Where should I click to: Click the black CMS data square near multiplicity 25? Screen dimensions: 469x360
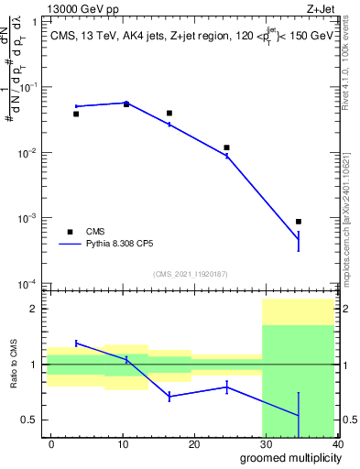pos(226,147)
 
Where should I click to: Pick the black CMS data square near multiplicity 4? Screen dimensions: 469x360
pos(76,114)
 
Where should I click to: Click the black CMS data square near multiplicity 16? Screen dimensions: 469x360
pos(169,113)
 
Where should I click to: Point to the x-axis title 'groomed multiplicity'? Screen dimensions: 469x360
pos(288,457)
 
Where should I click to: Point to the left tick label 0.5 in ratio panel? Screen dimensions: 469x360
pos(31,420)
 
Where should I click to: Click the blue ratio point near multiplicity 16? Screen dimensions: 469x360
pos(169,396)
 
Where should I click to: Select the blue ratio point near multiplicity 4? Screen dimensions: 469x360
pos(76,343)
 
